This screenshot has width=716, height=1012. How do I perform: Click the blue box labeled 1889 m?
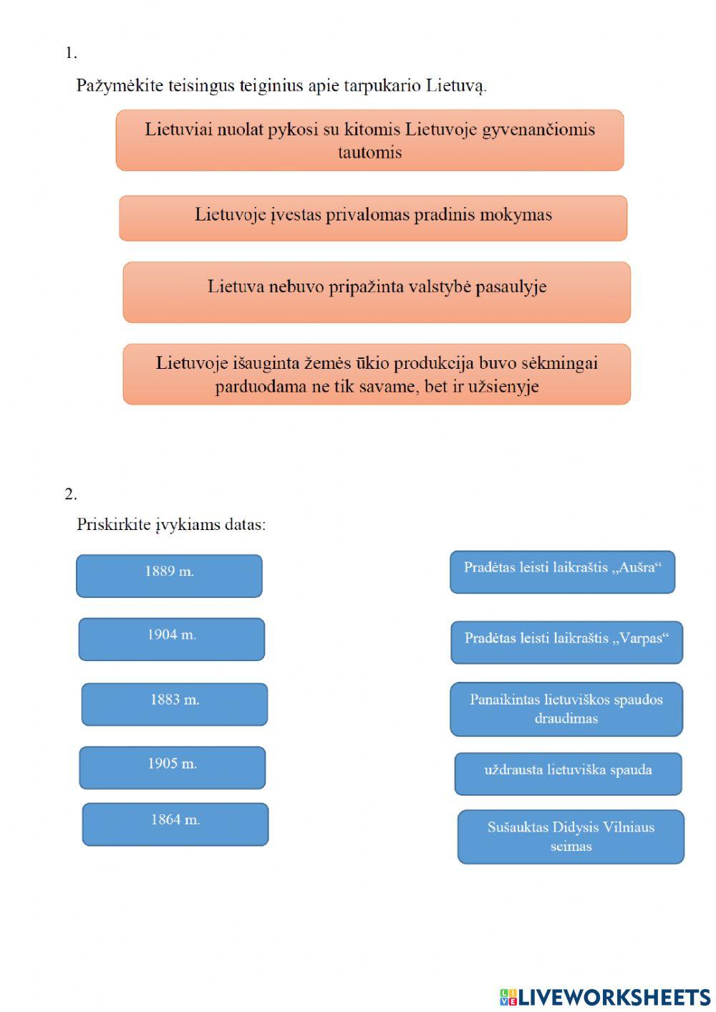coord(169,575)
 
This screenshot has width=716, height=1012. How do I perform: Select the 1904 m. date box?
coord(171,639)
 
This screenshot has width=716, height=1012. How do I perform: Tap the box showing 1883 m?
coord(174,703)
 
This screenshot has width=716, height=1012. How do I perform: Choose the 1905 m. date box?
coord(172,767)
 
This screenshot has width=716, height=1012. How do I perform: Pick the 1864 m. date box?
coord(175,824)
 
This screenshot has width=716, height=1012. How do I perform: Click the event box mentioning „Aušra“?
coord(562,572)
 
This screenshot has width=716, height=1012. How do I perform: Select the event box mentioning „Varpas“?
coord(566,642)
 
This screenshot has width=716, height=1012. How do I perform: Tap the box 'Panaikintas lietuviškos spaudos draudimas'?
coord(566,708)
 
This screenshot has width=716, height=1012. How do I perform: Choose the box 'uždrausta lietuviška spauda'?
coord(568,773)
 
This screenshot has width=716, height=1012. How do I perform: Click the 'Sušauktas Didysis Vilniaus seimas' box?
coord(571,836)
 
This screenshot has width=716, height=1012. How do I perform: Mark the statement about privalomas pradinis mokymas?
coord(373,218)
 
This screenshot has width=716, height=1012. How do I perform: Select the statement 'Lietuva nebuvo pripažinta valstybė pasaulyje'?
coord(377,291)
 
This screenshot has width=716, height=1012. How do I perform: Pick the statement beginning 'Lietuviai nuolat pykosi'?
coord(369,140)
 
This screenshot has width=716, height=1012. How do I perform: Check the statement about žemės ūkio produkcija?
coord(377,374)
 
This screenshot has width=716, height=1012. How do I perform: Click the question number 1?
coord(70,53)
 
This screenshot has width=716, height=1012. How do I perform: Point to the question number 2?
coord(70,493)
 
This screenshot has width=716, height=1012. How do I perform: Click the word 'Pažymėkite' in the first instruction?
coord(120,86)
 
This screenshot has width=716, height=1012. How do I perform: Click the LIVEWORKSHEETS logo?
coord(605,997)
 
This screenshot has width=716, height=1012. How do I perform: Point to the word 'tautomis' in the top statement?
coord(369,153)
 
